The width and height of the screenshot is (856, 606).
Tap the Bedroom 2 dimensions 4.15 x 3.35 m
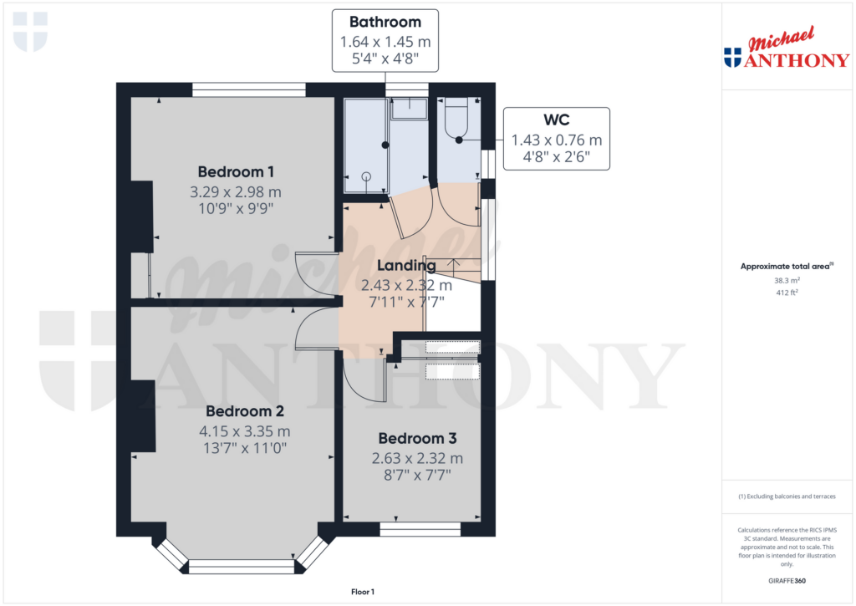[245, 431]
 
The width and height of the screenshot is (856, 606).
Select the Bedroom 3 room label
[417, 439]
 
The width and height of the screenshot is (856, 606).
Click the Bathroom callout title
[385, 22]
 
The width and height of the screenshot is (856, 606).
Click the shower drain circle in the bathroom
[365, 176]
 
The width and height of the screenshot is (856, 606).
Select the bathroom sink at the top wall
[409, 105]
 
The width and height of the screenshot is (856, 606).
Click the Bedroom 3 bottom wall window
[420, 529]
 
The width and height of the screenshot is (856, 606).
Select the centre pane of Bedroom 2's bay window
[242, 567]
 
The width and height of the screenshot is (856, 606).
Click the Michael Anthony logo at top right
[786, 49]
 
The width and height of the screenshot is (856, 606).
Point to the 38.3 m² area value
[787, 281]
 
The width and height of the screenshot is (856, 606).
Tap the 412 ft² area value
[787, 293]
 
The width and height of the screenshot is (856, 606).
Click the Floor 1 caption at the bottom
[363, 592]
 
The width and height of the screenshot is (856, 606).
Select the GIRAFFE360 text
[787, 581]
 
